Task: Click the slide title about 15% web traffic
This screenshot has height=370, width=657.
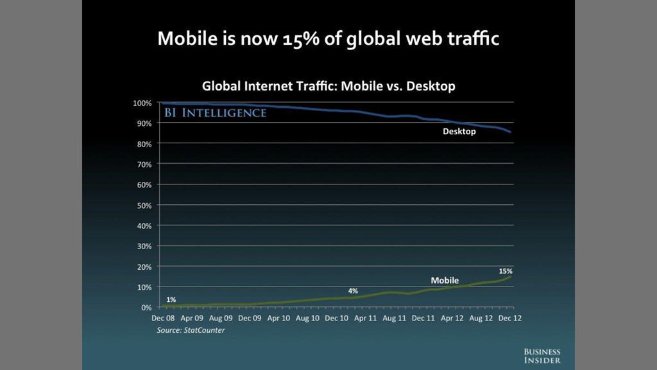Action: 328,39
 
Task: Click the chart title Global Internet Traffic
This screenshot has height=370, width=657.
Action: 328,86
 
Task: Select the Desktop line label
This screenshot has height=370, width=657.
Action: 459,132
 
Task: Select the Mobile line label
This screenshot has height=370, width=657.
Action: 445,281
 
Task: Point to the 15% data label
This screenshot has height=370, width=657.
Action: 506,271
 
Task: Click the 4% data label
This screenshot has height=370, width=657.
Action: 353,291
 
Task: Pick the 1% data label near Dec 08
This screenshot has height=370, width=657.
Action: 171,299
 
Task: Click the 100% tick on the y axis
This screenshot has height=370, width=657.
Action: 142,103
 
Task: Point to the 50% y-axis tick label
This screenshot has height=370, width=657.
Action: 144,205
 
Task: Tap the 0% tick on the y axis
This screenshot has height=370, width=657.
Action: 146,307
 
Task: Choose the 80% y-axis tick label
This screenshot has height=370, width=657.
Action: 144,144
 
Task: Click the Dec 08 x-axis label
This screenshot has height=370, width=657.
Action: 163,318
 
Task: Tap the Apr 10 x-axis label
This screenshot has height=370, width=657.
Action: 279,318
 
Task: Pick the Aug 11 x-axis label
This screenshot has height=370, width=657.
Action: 394,318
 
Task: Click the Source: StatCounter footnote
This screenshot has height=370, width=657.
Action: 191,330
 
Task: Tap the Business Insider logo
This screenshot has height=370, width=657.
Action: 542,356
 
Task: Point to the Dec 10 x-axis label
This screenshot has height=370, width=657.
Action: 336,318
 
